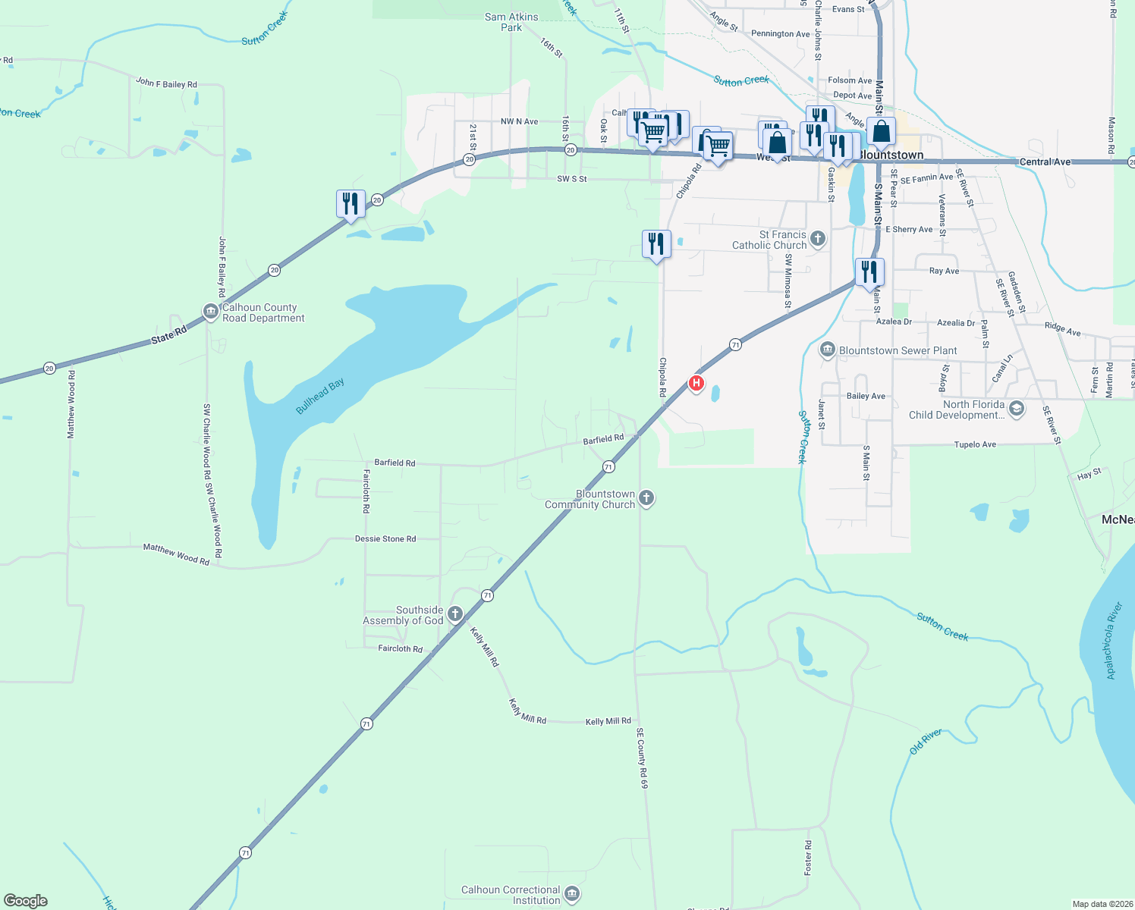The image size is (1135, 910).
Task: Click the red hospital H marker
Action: (696, 383)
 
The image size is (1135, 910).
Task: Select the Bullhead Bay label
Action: (319, 396)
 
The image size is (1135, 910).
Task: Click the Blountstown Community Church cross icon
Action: (646, 498)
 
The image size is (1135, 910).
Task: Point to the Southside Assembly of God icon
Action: (455, 614)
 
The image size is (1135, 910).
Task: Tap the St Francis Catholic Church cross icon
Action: (817, 239)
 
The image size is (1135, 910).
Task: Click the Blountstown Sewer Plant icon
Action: (828, 350)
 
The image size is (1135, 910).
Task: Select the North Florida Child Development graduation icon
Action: (1017, 409)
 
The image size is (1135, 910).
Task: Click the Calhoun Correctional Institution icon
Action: (572, 894)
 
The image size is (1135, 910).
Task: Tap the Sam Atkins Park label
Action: (511, 22)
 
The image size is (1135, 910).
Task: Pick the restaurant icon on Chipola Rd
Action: (656, 244)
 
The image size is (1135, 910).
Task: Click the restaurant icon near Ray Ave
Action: (869, 272)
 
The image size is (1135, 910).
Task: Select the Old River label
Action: (926, 741)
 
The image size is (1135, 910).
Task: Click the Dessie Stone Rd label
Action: (385, 539)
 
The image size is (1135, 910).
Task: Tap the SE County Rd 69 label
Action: (642, 758)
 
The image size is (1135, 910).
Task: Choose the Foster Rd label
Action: (808, 856)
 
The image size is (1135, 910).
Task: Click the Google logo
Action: (25, 901)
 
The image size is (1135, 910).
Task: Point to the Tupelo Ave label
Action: (975, 444)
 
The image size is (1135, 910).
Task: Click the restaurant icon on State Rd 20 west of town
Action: (351, 204)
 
